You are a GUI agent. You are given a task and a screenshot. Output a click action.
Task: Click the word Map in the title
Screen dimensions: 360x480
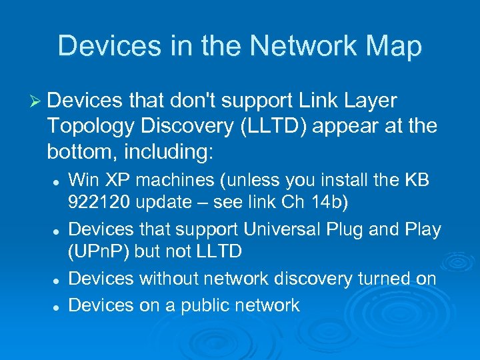[393, 46]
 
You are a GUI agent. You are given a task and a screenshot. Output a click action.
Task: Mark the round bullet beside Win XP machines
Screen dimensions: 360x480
[59, 181]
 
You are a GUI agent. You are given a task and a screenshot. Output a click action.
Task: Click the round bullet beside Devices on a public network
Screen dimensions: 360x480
[59, 306]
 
